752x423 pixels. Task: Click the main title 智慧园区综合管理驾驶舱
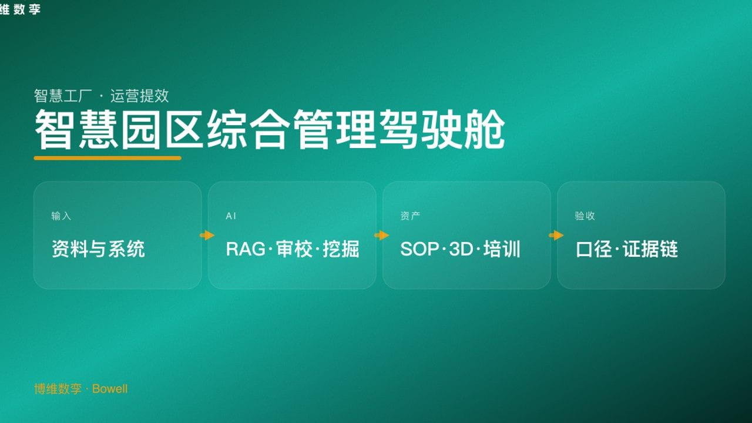(269, 129)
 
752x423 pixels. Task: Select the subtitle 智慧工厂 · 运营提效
(102, 96)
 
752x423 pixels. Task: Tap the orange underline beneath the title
(108, 157)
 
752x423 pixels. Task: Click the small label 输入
(61, 216)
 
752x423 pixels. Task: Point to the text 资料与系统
(98, 249)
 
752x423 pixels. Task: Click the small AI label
(231, 216)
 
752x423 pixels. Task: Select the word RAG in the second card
(246, 249)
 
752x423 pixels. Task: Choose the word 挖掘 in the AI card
(341, 249)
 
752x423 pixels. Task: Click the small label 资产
(410, 216)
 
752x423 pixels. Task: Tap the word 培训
(502, 249)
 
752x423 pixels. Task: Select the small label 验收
(585, 216)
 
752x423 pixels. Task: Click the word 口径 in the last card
(592, 249)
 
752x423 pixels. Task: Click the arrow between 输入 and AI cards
(207, 236)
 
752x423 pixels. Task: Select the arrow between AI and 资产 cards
(381, 236)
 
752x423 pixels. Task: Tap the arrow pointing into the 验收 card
(556, 236)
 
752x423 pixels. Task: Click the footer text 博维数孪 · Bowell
(81, 389)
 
